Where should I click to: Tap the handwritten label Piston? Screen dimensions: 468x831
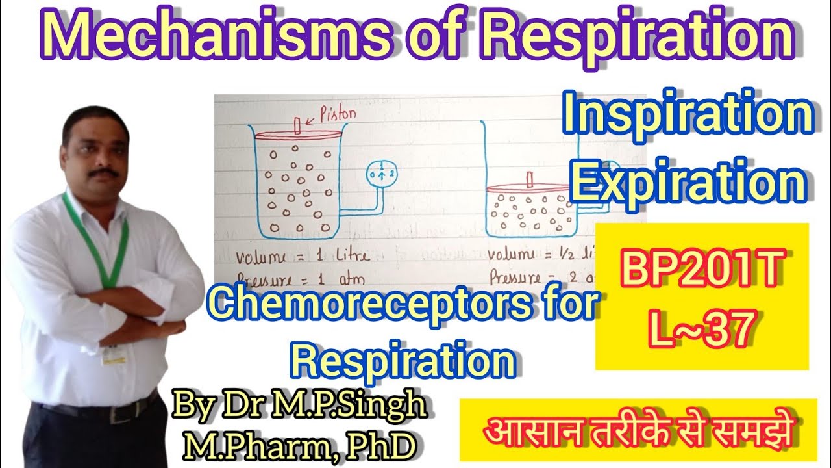pos(338,114)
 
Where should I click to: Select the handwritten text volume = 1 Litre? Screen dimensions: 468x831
pos(303,255)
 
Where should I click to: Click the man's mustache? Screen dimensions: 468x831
pos(104,174)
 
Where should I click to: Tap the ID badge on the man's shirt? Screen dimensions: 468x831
pos(114,355)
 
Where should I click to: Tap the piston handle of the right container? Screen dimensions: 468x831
pos(530,179)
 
